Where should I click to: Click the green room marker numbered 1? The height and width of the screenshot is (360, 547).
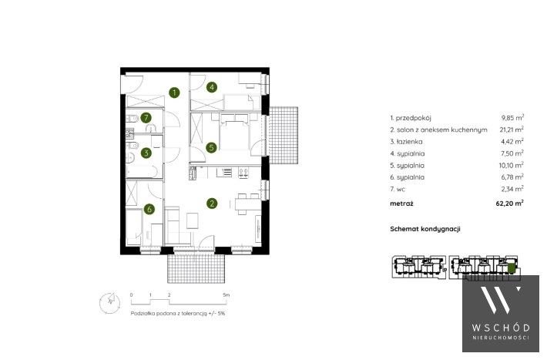pos(174,93)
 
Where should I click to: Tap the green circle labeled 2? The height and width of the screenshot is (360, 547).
pos(212,204)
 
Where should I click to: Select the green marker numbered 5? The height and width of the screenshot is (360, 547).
pos(211,147)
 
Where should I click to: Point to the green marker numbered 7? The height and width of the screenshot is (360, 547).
pos(146,118)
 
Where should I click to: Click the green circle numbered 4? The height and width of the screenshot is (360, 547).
pos(212,87)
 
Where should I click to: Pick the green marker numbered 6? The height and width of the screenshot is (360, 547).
pos(149,209)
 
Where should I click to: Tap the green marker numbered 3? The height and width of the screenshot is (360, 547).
pos(146,153)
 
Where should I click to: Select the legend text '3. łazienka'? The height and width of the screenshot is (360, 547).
pos(406,141)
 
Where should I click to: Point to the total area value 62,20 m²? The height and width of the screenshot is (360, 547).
pos(510,203)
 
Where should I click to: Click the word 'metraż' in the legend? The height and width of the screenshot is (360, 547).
pos(401,204)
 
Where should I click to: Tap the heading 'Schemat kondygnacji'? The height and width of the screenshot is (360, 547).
pos(425,229)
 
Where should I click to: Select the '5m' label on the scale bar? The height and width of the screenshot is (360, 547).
pos(227,294)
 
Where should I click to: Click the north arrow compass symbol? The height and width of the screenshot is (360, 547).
pos(109,302)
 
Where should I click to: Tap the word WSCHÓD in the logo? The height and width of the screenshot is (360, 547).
pos(501,328)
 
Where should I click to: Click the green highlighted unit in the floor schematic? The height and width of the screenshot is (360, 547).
pos(511,268)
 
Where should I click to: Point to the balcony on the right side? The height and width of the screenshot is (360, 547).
pos(284,136)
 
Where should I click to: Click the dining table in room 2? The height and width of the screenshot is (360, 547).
pos(247,204)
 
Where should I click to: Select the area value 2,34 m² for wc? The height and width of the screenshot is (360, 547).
pos(512,189)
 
